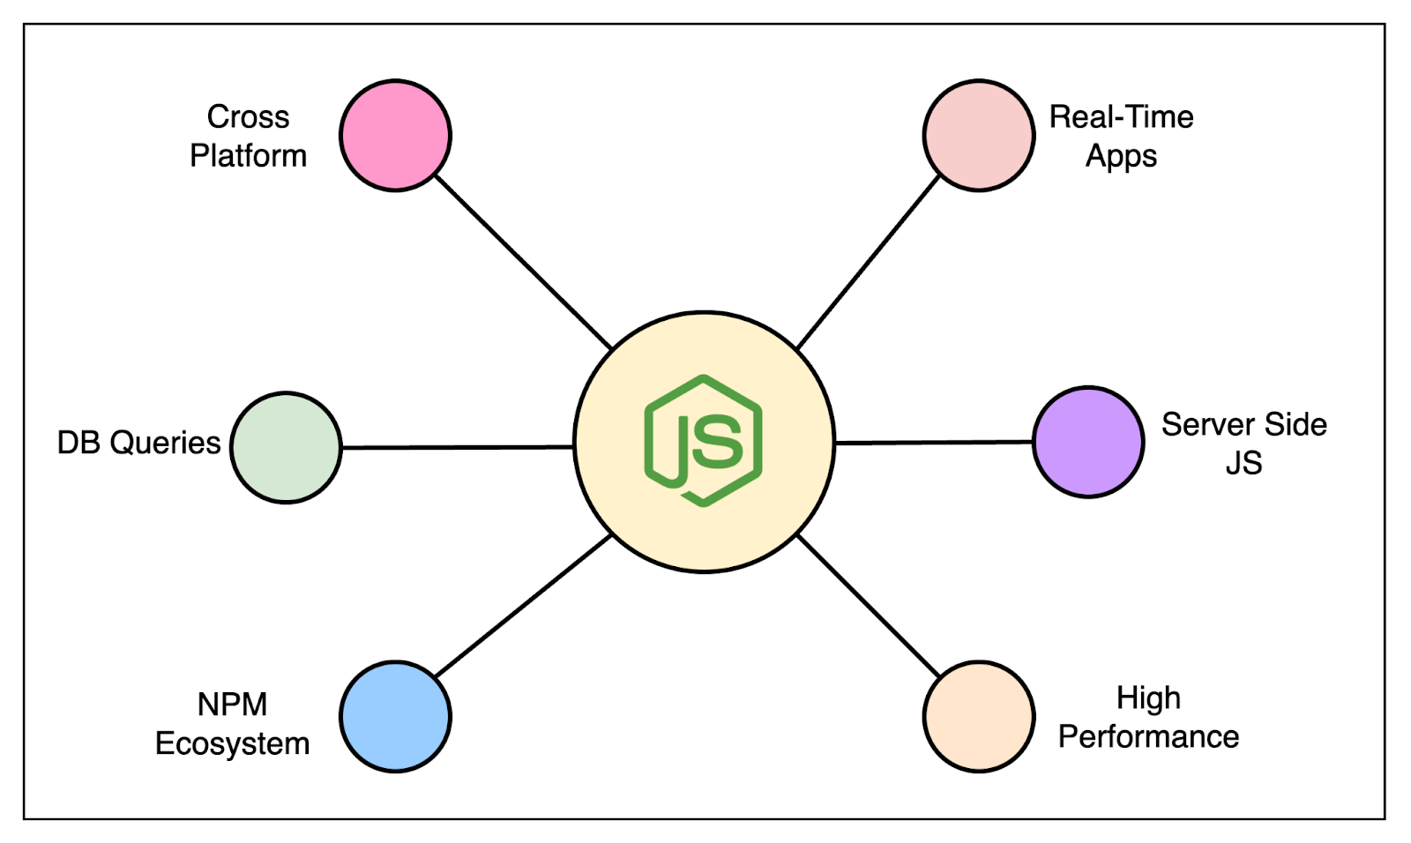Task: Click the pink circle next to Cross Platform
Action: pyautogui.click(x=395, y=135)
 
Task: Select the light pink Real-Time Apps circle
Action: pyautogui.click(x=979, y=135)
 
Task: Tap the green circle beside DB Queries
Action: pyautogui.click(x=286, y=448)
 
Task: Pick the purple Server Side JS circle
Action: pyautogui.click(x=1088, y=442)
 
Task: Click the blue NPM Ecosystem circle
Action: pyautogui.click(x=395, y=717)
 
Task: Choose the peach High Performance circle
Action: pyautogui.click(x=979, y=717)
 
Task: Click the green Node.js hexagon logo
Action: pyautogui.click(x=704, y=440)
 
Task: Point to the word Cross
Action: pyautogui.click(x=248, y=116)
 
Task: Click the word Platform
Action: pyautogui.click(x=248, y=156)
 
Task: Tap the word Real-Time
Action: pyautogui.click(x=1121, y=116)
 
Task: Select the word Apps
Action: pyautogui.click(x=1121, y=157)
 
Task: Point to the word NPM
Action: pyautogui.click(x=232, y=705)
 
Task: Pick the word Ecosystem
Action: pyautogui.click(x=232, y=744)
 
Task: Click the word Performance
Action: pyautogui.click(x=1148, y=736)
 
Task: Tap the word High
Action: pyautogui.click(x=1148, y=698)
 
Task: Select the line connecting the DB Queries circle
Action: pyautogui.click(x=457, y=447)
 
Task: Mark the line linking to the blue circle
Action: pyautogui.click(x=524, y=606)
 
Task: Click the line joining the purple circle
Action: pyautogui.click(x=933, y=442)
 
